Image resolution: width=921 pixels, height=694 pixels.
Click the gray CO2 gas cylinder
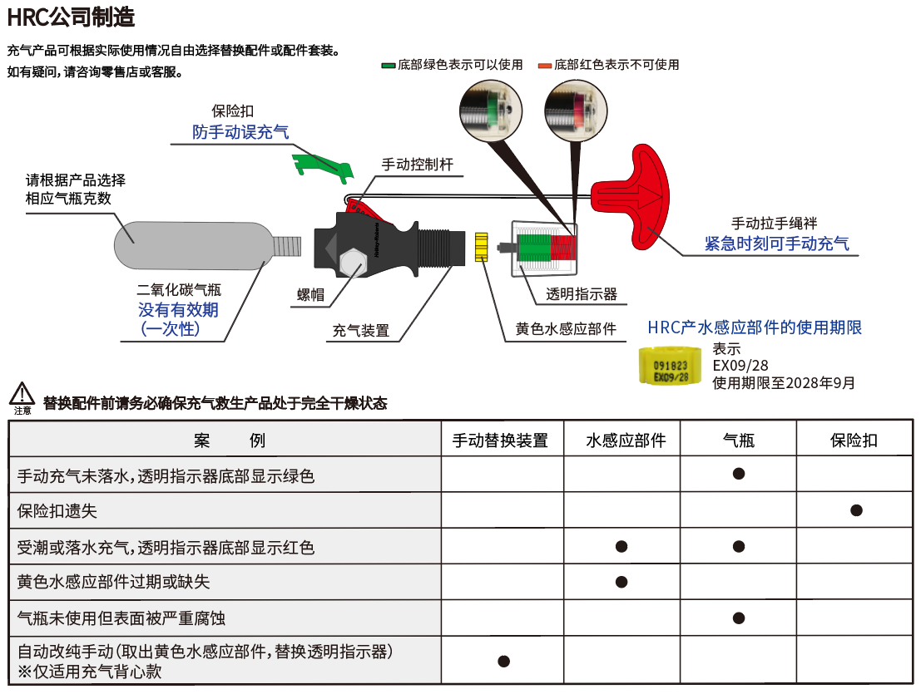[200, 244]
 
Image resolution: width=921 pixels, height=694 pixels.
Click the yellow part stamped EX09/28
[671, 367]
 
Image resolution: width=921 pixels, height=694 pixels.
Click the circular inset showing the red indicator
[575, 112]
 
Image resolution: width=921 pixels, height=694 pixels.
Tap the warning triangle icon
[22, 393]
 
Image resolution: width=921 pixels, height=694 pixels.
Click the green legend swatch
[388, 65]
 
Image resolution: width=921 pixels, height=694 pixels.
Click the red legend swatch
[544, 65]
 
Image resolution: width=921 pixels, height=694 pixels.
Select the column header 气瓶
[738, 441]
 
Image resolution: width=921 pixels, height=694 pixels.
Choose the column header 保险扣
[854, 441]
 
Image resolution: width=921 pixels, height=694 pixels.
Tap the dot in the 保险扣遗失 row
[855, 509]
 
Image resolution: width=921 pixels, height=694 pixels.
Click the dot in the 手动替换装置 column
[503, 662]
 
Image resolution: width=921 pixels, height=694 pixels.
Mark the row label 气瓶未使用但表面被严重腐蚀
[121, 618]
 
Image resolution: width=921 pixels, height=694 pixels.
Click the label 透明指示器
[582, 294]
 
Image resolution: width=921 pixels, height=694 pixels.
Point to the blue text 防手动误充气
[240, 132]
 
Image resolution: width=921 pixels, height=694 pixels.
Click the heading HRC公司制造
[71, 17]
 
